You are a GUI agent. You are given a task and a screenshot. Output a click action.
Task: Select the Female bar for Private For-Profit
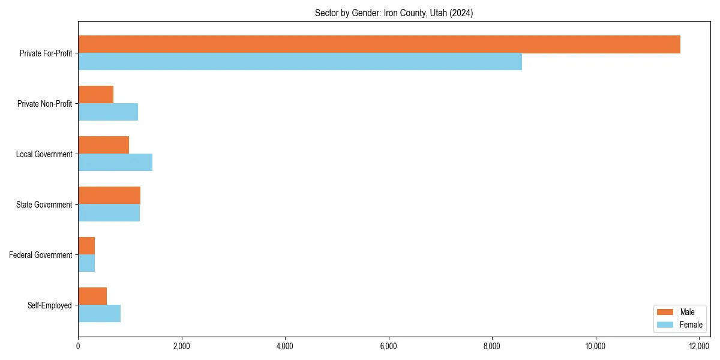[x=300, y=62]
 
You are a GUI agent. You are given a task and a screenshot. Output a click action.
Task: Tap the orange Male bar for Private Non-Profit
[x=96, y=95]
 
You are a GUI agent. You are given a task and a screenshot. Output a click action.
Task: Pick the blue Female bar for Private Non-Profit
[x=108, y=112]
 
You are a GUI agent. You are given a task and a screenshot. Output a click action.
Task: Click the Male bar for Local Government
[x=104, y=145]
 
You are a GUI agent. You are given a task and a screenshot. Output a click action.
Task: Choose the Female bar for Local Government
[x=115, y=163]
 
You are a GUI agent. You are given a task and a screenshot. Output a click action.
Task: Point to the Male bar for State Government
[x=109, y=196]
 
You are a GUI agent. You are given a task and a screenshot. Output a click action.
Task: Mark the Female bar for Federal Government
[x=86, y=263]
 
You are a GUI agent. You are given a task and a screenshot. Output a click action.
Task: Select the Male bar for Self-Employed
[x=92, y=296]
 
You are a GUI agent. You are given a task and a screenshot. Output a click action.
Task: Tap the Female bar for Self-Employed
[x=100, y=314]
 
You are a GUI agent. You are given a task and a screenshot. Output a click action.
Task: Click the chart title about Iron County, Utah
[x=394, y=13]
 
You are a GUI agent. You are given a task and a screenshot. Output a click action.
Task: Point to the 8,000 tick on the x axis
[x=492, y=346]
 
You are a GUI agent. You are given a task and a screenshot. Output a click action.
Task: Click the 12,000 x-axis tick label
[x=699, y=346]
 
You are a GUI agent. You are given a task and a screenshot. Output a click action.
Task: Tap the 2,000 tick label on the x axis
[x=181, y=346]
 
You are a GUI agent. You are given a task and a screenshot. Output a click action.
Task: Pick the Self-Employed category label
[x=50, y=305]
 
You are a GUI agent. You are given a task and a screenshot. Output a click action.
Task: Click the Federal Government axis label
[x=41, y=255]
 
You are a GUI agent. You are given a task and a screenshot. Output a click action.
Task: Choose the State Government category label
[x=44, y=205]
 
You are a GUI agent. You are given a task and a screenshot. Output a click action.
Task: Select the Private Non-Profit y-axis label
[x=44, y=104]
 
